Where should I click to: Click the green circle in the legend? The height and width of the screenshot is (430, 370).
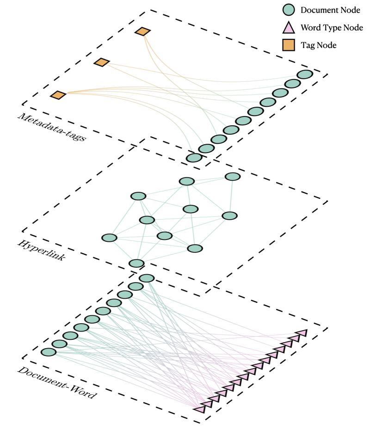288,10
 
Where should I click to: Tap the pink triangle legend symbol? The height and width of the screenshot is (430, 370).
288,28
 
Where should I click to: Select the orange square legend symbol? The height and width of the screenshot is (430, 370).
288,45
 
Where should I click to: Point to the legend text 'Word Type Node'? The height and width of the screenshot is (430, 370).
332,28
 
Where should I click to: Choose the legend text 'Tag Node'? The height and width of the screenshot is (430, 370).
318,45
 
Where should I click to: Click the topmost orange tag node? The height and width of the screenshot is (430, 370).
143,31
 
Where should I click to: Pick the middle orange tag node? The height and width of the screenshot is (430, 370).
101,62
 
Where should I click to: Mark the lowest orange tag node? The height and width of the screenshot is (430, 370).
58,95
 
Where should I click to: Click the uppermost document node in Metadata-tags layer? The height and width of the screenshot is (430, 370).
305,74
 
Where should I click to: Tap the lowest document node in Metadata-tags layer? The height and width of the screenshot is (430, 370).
194,158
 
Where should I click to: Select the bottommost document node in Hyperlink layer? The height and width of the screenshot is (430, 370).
136,263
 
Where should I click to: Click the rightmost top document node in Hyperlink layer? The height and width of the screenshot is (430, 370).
232,177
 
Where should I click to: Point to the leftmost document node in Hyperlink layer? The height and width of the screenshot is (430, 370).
109,238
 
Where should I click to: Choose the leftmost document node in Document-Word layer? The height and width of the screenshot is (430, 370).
48,352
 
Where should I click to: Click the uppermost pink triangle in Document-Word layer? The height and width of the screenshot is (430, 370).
302,333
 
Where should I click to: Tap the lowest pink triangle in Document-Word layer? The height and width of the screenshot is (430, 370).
200,409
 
